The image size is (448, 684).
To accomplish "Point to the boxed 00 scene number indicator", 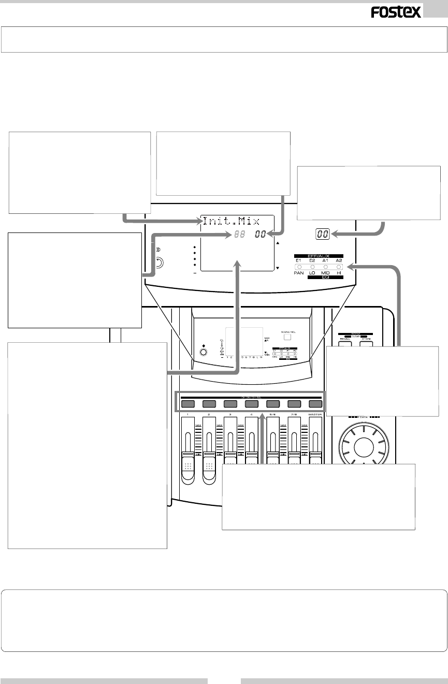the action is click(x=323, y=234).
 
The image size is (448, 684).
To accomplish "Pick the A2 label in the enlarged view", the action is click(x=339, y=260).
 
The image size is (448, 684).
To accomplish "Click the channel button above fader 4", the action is click(x=251, y=404).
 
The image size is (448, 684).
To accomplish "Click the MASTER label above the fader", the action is click(x=315, y=414).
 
